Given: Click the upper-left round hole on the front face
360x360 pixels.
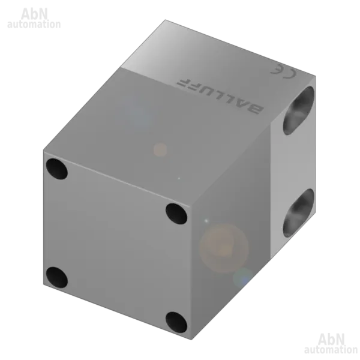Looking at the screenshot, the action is tap(57, 169).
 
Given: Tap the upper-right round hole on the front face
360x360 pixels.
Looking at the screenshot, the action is tap(176, 214).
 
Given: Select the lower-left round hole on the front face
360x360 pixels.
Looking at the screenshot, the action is tap(57, 277).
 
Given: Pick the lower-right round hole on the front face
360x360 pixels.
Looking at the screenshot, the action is tap(176, 322).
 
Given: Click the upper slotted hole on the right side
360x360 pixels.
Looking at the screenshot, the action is tap(298, 110).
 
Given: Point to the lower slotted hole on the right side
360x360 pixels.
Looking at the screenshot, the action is tap(298, 213).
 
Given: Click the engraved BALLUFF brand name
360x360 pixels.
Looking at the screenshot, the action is tap(220, 97).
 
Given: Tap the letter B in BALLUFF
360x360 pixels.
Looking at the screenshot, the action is tap(256, 110).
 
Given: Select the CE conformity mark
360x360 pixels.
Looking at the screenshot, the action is tap(283, 71).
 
